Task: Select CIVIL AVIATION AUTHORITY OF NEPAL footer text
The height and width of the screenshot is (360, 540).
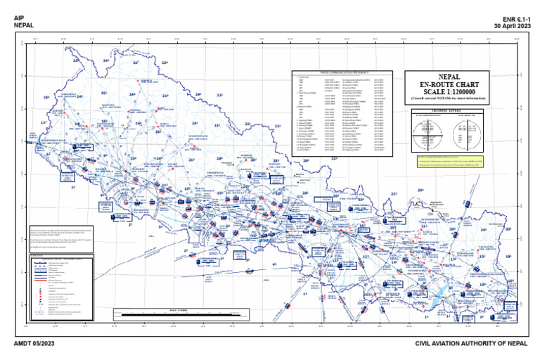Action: (x=470, y=342)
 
